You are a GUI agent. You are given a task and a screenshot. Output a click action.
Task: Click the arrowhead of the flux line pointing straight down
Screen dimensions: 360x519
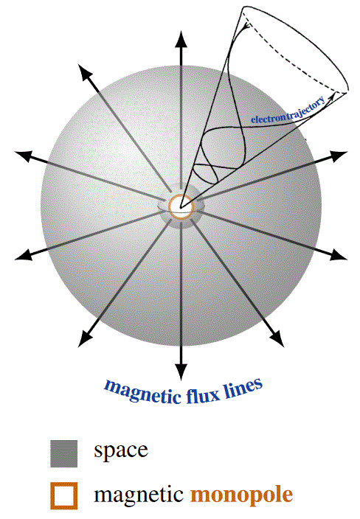(181, 372)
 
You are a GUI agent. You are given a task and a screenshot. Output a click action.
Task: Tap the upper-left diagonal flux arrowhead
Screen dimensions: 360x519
(86, 72)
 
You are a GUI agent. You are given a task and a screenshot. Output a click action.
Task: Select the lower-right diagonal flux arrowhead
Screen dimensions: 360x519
(276, 338)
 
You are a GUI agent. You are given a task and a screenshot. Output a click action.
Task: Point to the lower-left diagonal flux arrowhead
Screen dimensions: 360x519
(86, 338)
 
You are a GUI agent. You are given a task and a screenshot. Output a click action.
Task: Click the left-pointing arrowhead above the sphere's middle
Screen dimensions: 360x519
(24, 156)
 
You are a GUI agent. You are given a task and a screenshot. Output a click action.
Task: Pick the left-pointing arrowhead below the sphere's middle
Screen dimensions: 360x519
(24, 255)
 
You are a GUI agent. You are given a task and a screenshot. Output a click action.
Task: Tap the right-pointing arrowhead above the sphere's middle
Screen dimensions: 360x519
(339, 156)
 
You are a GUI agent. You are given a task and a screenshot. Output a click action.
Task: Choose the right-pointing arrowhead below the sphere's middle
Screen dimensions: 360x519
(338, 255)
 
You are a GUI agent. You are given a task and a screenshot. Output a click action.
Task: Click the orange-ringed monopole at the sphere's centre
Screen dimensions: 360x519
(181, 206)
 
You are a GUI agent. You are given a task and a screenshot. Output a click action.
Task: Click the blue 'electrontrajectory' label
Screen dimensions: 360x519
(288, 111)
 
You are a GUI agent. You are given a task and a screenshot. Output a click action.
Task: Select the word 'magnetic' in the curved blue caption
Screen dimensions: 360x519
(143, 391)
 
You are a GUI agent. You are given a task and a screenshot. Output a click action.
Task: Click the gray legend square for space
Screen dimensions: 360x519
(64, 453)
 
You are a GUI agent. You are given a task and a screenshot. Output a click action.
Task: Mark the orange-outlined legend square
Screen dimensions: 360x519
(64, 495)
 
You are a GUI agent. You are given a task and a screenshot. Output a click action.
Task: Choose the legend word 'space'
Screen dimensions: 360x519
(121, 451)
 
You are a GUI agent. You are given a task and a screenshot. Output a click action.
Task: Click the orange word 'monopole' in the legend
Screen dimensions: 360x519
(242, 495)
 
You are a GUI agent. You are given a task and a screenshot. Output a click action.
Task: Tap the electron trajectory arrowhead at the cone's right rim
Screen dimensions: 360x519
(331, 97)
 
